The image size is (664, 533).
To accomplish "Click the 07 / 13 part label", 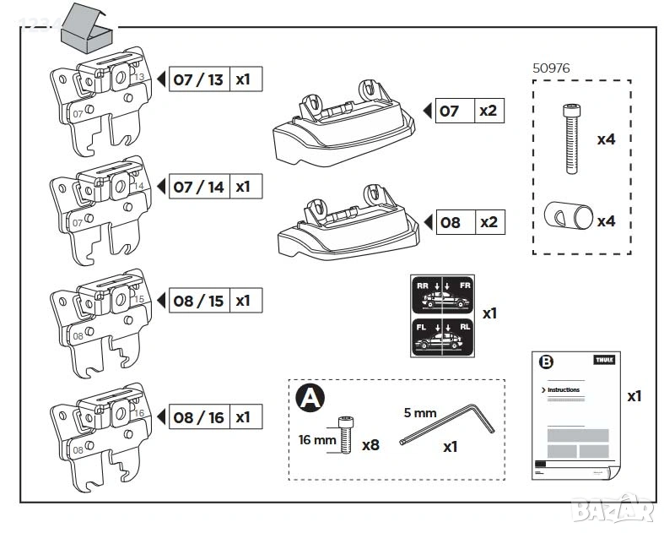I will point(198,79).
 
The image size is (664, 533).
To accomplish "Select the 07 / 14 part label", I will point(198,187).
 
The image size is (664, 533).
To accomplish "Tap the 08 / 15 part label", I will point(198,301).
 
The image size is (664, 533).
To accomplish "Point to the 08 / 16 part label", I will point(198,416).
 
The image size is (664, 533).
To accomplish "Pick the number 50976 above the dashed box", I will point(553,67).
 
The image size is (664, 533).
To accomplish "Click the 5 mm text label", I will point(419,413).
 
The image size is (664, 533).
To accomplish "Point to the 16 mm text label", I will point(317,439).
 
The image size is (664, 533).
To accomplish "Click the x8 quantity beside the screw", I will point(370,444).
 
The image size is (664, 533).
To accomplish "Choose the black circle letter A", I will point(309,398).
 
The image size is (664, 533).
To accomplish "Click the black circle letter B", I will point(546,362).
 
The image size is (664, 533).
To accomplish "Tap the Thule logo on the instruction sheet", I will point(604,360).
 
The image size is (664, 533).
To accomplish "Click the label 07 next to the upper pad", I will point(451,111).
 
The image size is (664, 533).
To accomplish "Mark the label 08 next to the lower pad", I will point(451,223).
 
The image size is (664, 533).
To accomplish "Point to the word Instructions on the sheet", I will point(564,389).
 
